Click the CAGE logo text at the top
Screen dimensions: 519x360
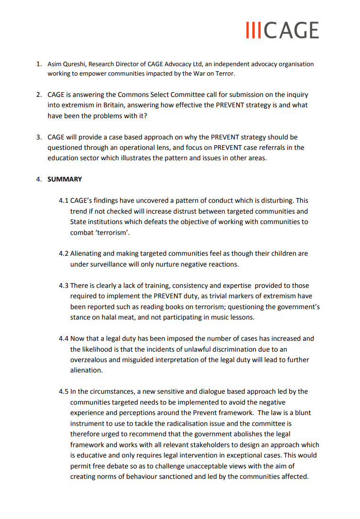[x=291, y=30]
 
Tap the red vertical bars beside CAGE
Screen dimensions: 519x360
[x=254, y=30]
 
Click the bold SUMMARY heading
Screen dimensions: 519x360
[x=65, y=179]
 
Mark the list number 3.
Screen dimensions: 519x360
[x=40, y=137]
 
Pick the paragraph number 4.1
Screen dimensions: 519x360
[x=64, y=201]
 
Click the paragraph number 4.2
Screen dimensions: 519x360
[x=64, y=254]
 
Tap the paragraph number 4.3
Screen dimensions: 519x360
[x=64, y=285]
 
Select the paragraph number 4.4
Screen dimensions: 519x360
[x=64, y=338]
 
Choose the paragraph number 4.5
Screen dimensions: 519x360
[x=64, y=391]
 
